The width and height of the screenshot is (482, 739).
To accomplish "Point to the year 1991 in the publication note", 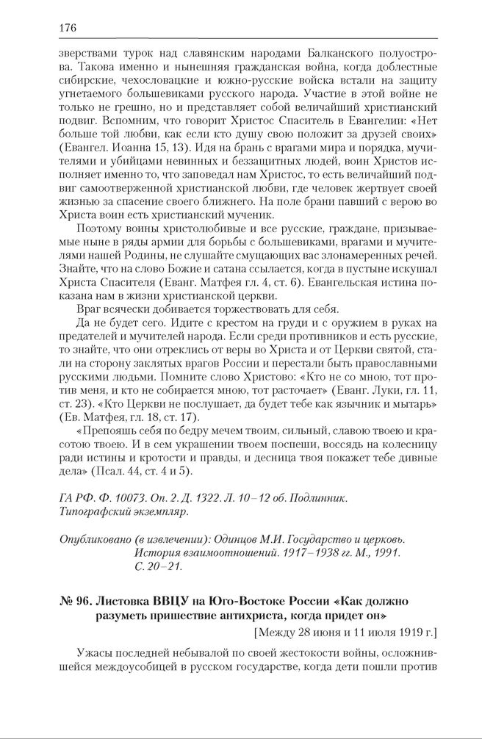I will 386,553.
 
